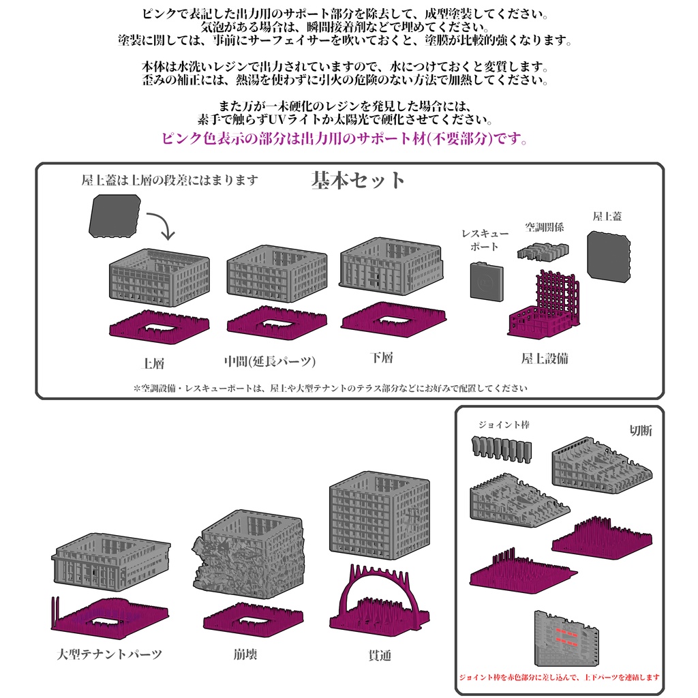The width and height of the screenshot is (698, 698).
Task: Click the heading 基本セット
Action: click(x=358, y=180)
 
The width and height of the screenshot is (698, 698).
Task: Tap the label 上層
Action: click(x=153, y=363)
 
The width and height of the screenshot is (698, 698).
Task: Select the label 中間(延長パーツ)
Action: click(x=270, y=361)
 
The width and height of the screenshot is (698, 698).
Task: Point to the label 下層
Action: click(x=382, y=357)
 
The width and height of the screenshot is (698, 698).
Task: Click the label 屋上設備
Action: click(x=545, y=359)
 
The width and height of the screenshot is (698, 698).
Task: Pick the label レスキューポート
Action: click(x=485, y=240)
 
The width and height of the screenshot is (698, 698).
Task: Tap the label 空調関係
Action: click(x=545, y=228)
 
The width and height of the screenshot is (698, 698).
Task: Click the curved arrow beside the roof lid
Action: click(x=162, y=225)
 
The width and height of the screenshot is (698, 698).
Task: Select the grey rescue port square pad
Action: click(x=487, y=282)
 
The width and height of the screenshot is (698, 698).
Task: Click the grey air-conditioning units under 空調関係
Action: click(x=543, y=252)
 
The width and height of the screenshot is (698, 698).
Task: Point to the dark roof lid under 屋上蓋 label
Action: click(x=609, y=256)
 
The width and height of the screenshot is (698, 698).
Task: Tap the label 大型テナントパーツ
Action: click(x=110, y=654)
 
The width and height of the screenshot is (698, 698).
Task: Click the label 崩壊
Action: click(x=245, y=654)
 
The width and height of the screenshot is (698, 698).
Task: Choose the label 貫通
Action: click(x=380, y=655)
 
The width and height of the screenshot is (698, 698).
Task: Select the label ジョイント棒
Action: click(x=504, y=425)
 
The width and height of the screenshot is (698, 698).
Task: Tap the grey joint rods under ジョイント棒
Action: click(x=501, y=450)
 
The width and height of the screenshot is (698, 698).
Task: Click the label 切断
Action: click(x=641, y=431)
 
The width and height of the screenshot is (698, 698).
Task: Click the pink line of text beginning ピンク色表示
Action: click(x=344, y=138)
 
